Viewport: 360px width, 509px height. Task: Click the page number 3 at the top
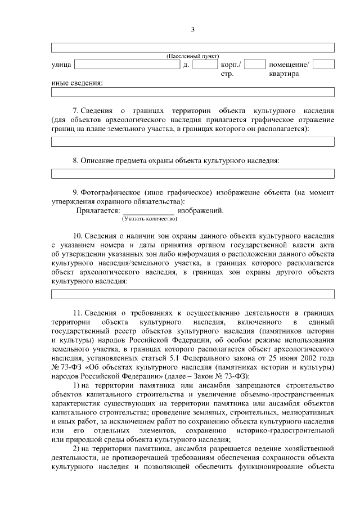pos(192,30)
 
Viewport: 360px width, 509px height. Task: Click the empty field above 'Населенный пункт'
pos(193,48)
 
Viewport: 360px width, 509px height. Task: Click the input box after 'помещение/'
pos(323,64)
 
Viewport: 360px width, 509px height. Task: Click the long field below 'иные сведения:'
pos(193,92)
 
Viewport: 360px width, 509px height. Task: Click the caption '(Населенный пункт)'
pos(193,57)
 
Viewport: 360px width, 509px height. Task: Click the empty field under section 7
pos(193,142)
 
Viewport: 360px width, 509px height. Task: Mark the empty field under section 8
pos(193,174)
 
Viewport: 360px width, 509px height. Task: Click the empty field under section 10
pos(193,294)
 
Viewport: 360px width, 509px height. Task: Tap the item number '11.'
pos(78,312)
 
